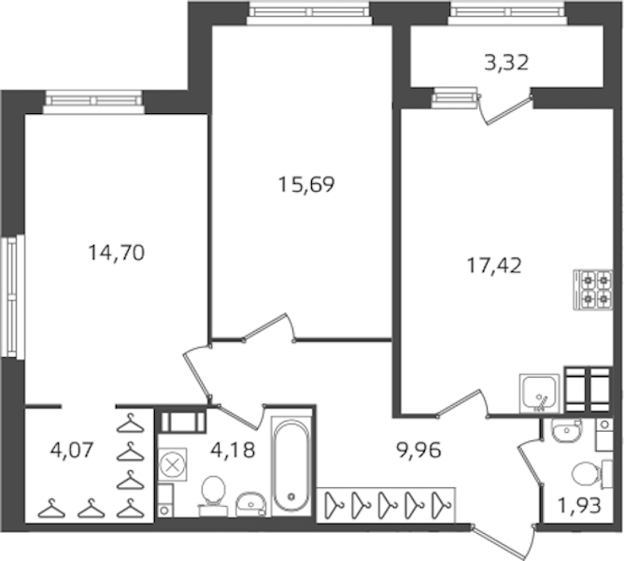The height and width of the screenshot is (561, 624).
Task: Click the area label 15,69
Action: (306, 184)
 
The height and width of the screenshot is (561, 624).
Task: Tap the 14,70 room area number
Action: (116, 252)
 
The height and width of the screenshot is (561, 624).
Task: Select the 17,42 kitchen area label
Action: (493, 266)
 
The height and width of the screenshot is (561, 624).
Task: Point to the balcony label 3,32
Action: (506, 63)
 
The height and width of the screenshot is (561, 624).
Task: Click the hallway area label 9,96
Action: (418, 451)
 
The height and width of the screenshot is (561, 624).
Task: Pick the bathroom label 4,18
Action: (233, 450)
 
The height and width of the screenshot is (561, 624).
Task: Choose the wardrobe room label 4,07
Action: (72, 450)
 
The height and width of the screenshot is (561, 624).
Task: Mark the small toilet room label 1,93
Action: (579, 506)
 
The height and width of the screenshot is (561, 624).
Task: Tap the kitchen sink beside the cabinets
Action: (539, 394)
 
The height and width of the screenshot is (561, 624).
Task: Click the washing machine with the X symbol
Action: (172, 465)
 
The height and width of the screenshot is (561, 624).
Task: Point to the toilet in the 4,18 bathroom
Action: (214, 493)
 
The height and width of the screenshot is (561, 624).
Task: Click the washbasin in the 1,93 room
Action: (566, 431)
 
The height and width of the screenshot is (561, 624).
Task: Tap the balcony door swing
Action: (505, 108)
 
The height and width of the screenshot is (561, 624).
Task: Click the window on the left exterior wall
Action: (12, 296)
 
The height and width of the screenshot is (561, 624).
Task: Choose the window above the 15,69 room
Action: (309, 13)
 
